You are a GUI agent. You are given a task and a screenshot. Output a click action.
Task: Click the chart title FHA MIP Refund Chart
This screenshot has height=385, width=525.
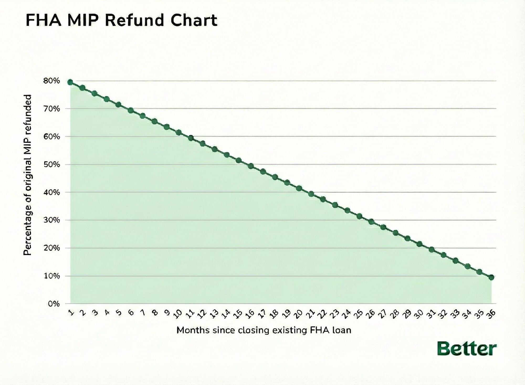122,20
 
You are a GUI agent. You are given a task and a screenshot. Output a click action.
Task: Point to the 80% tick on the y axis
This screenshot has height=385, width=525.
54,81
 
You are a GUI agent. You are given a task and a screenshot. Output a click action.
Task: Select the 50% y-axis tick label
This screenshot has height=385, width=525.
54,165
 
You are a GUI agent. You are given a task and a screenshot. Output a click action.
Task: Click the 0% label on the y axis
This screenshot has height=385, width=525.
55,304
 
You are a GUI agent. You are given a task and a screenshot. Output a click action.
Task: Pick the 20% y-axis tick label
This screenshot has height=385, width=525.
54,248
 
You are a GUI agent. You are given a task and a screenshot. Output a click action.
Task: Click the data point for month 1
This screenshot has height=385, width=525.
70,82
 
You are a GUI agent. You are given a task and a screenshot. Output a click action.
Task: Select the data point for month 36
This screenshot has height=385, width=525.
491,277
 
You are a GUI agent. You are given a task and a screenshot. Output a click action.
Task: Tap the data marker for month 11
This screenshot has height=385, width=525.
191,138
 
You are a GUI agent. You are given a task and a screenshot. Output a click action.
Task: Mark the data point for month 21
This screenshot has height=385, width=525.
311,194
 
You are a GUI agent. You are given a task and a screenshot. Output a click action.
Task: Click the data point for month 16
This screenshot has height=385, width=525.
251,166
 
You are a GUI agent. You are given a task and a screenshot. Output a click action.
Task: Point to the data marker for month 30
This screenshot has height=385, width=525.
419,244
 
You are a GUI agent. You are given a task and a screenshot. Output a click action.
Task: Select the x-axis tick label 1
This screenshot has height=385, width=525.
70,312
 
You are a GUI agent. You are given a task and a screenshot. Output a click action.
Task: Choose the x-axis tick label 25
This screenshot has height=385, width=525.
358,313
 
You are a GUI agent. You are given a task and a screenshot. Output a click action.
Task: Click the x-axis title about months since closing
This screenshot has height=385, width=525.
264,330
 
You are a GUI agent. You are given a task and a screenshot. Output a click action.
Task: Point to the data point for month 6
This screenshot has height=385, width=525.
131,110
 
